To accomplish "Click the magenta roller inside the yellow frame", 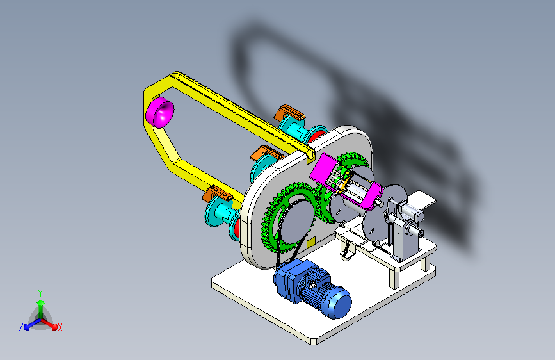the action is tap(159, 112).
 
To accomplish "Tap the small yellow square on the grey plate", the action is tap(311, 243).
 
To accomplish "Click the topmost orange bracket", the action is tap(289, 112).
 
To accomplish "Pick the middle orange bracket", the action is tap(266, 153).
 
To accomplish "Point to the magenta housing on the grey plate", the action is tap(345, 181).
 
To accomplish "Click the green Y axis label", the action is tap(40, 293).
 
